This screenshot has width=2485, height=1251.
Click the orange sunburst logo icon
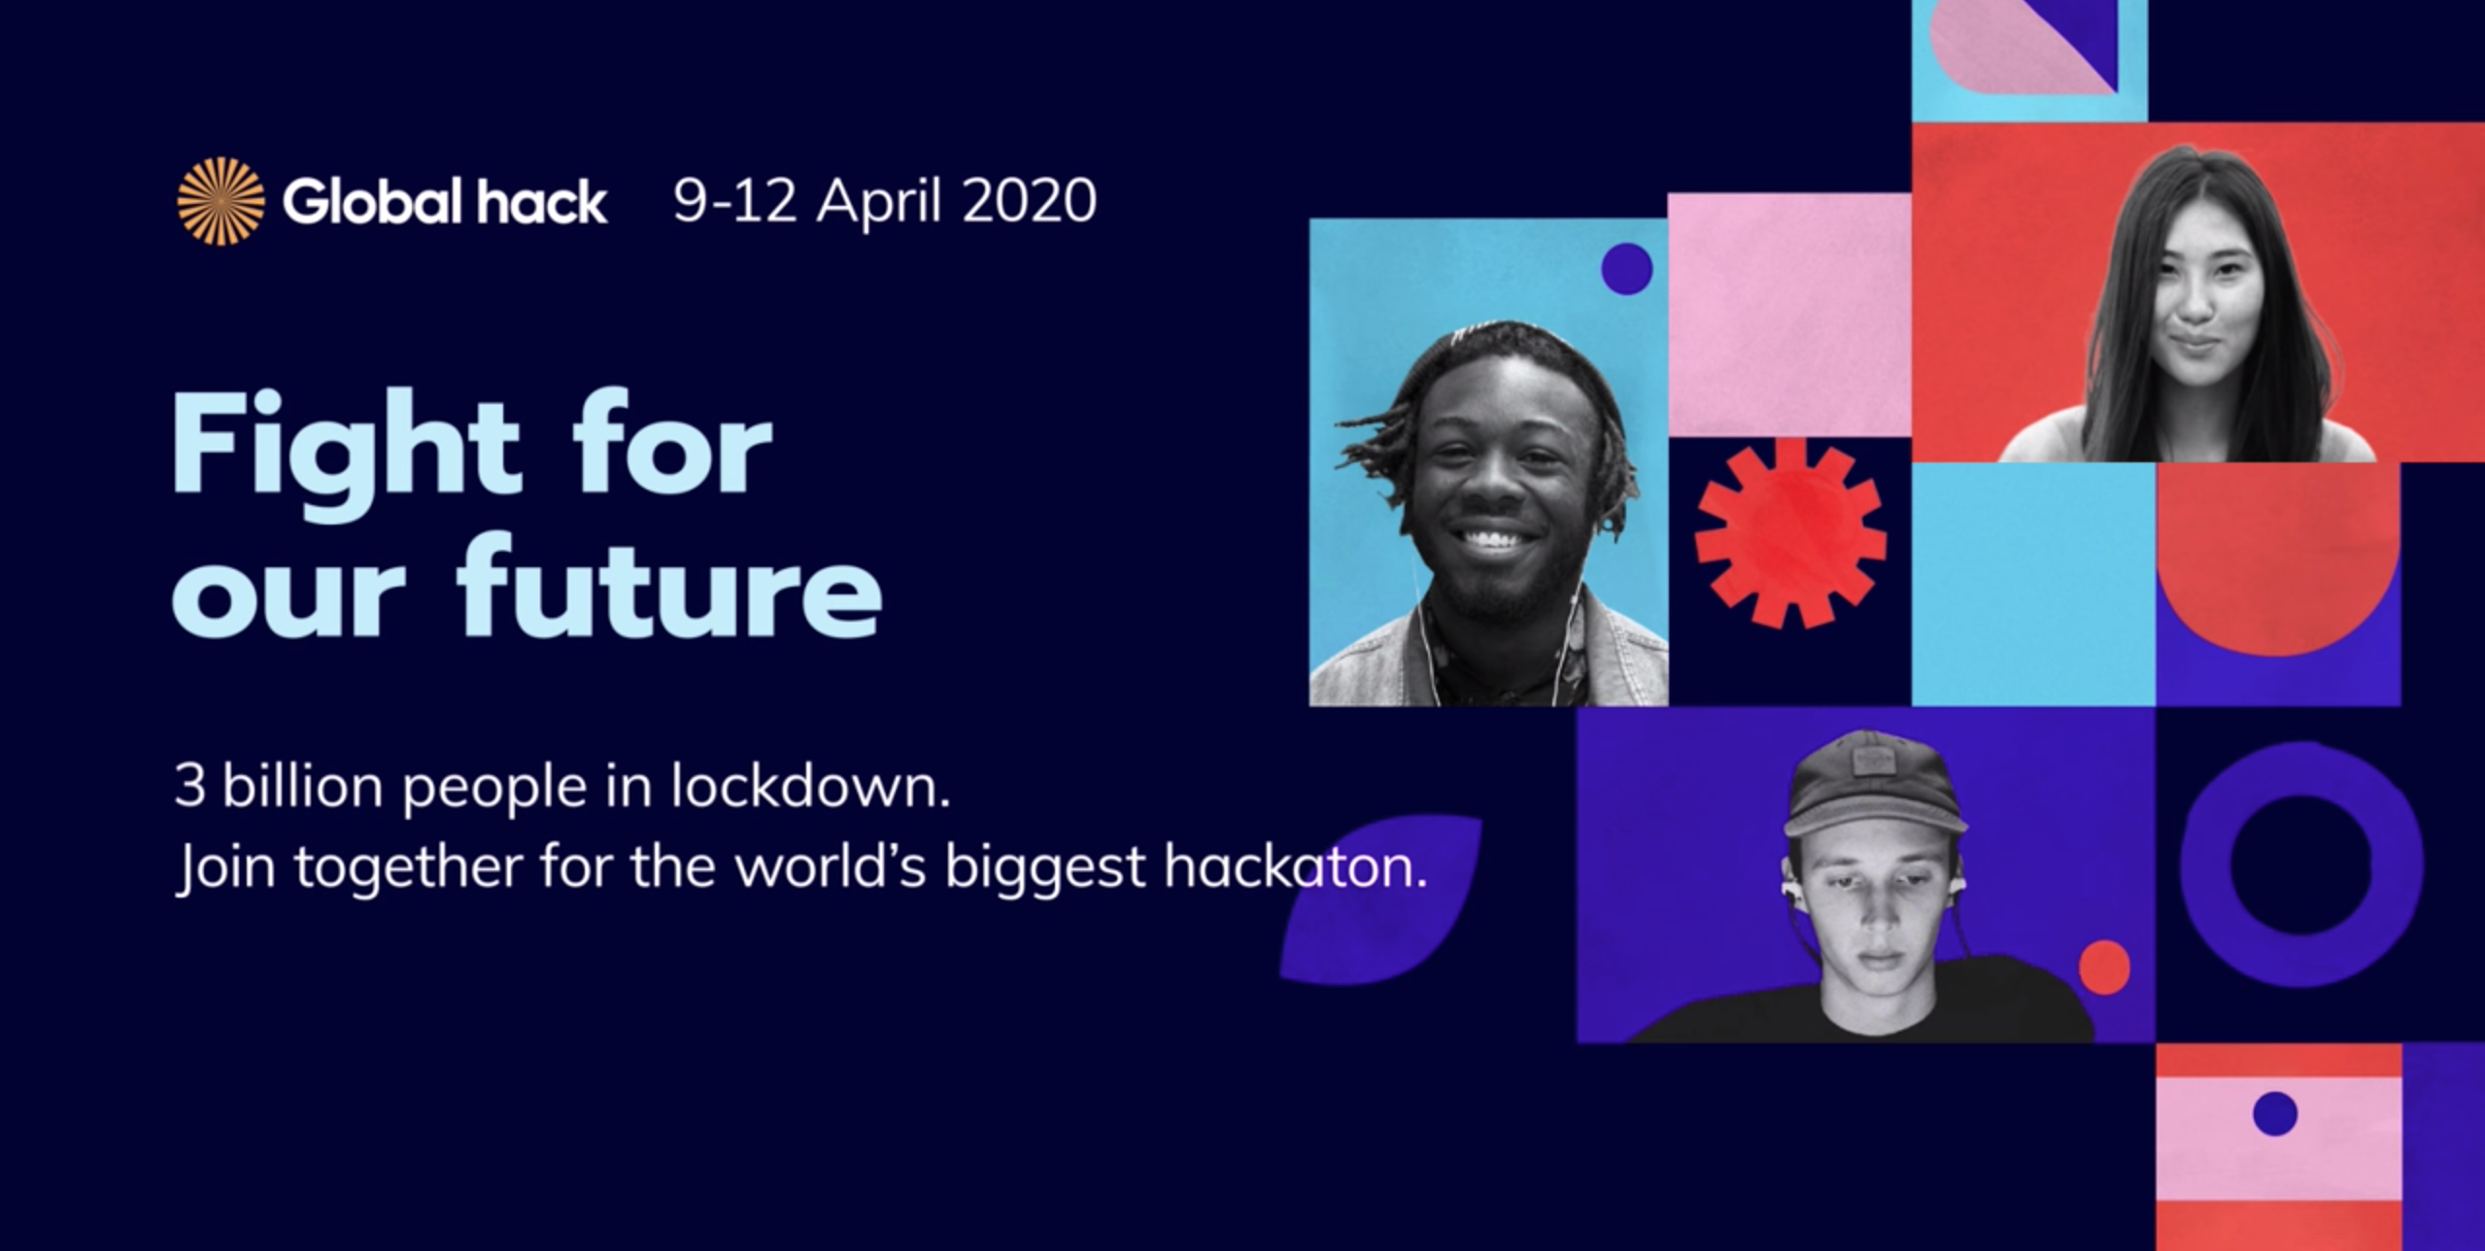pos(221,201)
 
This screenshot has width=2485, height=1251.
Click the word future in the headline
pos(669,586)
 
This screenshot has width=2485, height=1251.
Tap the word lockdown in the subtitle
pos(811,786)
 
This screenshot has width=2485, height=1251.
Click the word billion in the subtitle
pos(303,786)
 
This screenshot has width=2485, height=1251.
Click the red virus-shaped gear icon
pos(1790,533)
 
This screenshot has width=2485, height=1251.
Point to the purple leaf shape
pos(1379,899)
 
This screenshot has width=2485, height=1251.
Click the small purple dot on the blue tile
pos(1626,268)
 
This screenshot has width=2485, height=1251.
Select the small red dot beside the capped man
pos(2104,967)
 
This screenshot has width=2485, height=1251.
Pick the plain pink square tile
pos(1789,315)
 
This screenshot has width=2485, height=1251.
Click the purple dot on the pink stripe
pos(2274,1113)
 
